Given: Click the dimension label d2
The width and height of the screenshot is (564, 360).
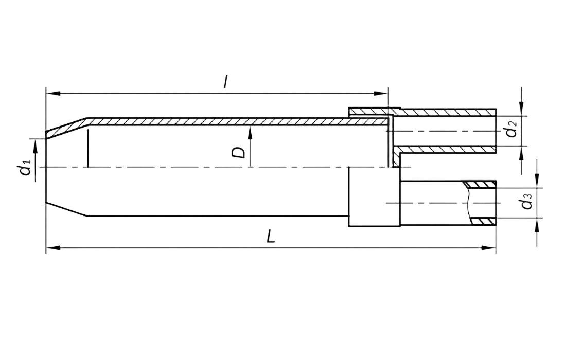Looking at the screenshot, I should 512,130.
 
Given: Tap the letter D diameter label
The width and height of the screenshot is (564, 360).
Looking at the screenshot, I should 238,153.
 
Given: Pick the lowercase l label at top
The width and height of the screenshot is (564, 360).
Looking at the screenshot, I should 225,81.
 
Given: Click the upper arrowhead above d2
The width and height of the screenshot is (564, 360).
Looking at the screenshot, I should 521,107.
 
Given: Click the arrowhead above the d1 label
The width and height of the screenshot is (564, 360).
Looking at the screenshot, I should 34,146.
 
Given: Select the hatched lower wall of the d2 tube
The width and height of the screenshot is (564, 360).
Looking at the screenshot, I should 448,150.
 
